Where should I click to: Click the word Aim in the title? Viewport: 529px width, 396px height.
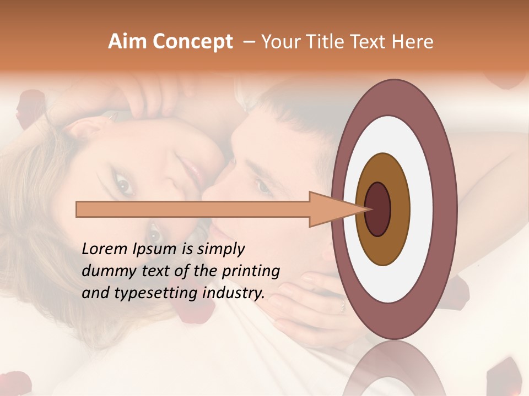[x=128, y=42]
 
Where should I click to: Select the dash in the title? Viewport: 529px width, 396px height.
[x=248, y=42]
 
